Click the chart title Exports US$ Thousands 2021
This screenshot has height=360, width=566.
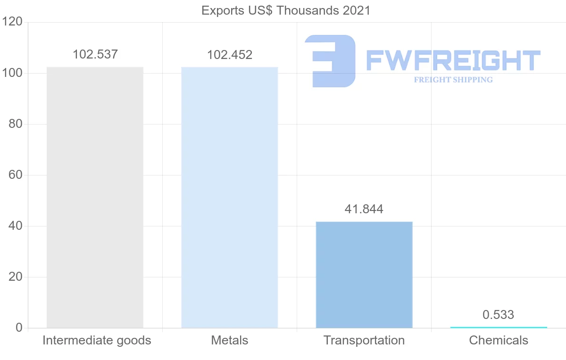[x=286, y=10]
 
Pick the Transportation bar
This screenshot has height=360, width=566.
[x=364, y=275]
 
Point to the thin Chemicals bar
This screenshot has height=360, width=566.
[x=499, y=327]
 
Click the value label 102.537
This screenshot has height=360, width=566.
[x=95, y=54]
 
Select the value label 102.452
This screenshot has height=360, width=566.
[x=230, y=55]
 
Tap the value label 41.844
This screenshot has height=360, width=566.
[x=364, y=209]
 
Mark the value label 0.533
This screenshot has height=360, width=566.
[x=499, y=315]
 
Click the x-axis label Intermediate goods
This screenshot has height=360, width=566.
[x=97, y=340]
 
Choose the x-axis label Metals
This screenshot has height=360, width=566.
[x=230, y=340]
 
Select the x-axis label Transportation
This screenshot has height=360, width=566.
[x=364, y=340]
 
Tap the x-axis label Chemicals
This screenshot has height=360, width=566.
[x=499, y=340]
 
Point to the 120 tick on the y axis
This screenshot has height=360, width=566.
[x=12, y=22]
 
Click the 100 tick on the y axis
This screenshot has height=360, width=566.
[x=12, y=73]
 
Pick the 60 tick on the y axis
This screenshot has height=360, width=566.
[x=16, y=175]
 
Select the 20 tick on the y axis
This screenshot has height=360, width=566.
[x=16, y=277]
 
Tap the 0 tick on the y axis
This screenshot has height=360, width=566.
[x=19, y=328]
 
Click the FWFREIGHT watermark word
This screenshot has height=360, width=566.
[x=453, y=61]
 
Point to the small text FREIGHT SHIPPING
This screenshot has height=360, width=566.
[x=453, y=80]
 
